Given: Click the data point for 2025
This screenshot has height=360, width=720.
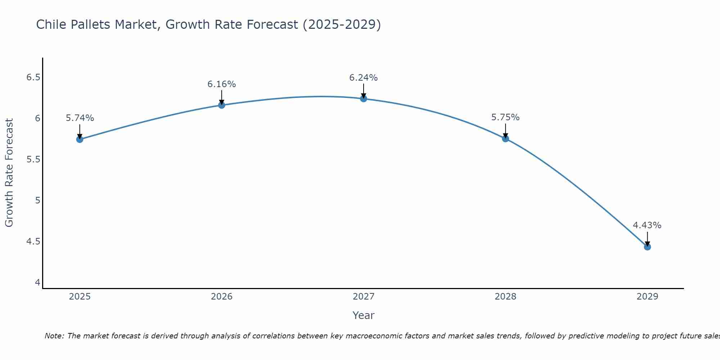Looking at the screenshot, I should [80, 139].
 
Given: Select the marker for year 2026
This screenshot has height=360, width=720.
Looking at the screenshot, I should [222, 105].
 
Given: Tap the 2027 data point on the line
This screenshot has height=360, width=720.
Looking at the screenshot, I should [364, 99].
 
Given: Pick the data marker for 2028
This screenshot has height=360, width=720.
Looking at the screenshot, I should [505, 139].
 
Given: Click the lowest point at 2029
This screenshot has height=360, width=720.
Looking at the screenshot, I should [647, 247].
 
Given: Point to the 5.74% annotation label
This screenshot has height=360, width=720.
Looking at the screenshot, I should [80, 118].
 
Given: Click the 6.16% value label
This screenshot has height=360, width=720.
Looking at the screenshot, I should [222, 84].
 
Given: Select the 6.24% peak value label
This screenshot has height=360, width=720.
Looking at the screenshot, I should [364, 78].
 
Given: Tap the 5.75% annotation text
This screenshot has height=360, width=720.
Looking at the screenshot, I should [505, 117].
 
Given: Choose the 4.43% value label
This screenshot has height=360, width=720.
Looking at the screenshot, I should [647, 225].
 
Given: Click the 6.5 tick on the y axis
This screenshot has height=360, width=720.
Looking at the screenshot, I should [33, 77].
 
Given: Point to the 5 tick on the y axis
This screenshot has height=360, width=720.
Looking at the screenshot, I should [37, 200].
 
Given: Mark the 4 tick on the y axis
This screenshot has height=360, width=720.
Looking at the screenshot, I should [37, 282].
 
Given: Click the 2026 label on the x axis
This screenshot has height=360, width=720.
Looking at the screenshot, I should [222, 297].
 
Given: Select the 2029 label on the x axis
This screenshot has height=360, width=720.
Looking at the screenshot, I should [647, 297].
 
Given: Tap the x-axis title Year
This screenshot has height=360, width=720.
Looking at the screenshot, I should [364, 315].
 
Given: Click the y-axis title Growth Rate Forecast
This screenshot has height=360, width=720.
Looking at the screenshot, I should [9, 173].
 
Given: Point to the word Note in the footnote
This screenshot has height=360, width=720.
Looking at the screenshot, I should [54, 336].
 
